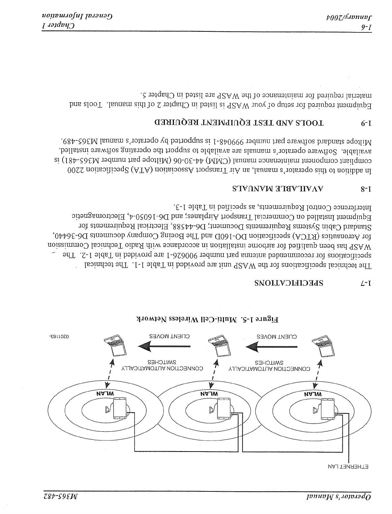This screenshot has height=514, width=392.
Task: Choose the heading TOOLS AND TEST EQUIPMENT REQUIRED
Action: pos(239,123)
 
